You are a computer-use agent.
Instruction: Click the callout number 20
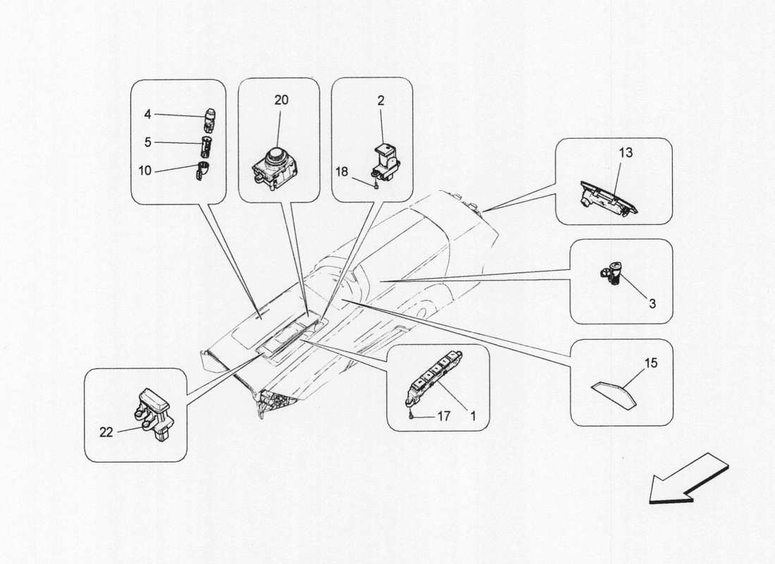(281, 100)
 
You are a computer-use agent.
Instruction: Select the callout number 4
(148, 114)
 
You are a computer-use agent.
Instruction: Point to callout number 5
(148, 142)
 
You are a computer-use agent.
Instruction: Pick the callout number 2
(380, 101)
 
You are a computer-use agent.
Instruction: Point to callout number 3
(652, 304)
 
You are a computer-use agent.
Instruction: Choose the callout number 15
(652, 363)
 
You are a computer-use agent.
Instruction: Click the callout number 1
(473, 416)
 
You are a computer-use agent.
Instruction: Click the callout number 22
(106, 432)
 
